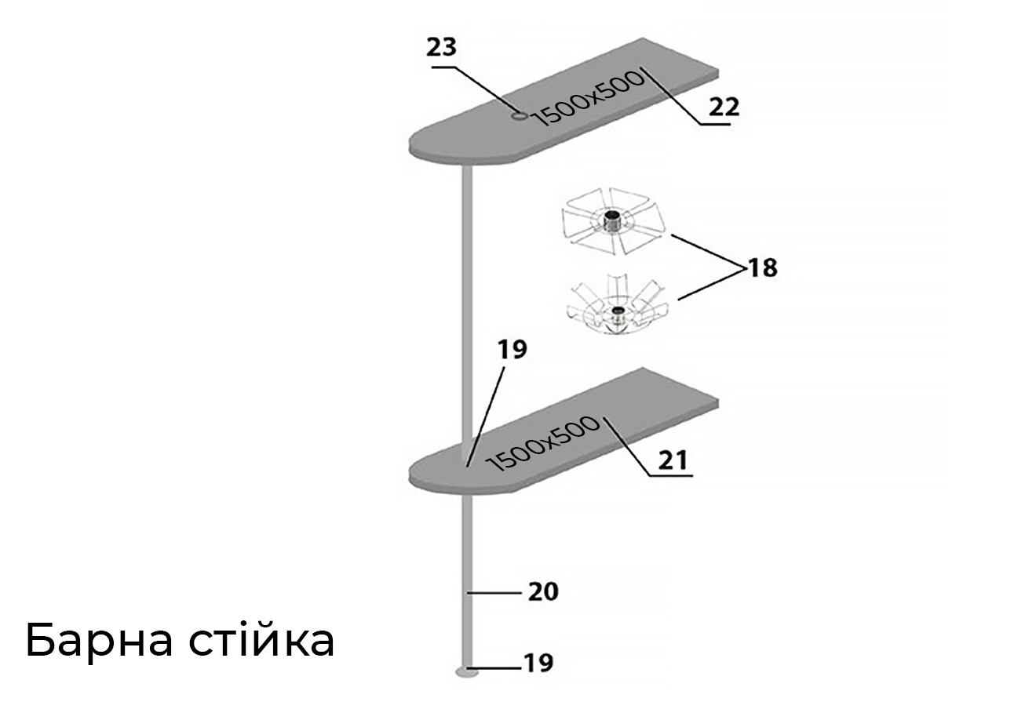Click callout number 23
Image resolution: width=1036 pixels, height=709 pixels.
[x=441, y=47]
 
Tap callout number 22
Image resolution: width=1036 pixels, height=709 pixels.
[x=724, y=107]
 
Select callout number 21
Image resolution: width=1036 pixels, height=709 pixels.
[x=673, y=460]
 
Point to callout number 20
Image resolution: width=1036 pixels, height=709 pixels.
[x=543, y=592]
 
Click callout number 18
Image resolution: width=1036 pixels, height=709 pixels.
[x=763, y=267]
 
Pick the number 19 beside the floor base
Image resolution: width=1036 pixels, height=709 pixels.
[x=538, y=664]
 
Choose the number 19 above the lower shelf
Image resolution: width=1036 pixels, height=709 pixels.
[x=512, y=350]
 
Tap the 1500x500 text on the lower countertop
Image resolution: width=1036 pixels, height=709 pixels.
[x=543, y=444]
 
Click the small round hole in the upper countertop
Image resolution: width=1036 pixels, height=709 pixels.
[x=519, y=115]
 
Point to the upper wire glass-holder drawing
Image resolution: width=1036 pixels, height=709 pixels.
[x=613, y=221]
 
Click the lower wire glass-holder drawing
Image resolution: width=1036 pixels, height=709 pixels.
[x=617, y=304]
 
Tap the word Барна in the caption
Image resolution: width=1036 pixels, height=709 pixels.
[x=99, y=641]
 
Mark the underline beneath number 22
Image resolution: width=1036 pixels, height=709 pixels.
[x=714, y=125]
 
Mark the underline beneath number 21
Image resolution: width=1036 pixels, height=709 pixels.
[x=669, y=475]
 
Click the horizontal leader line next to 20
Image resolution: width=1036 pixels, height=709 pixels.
[x=494, y=592]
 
